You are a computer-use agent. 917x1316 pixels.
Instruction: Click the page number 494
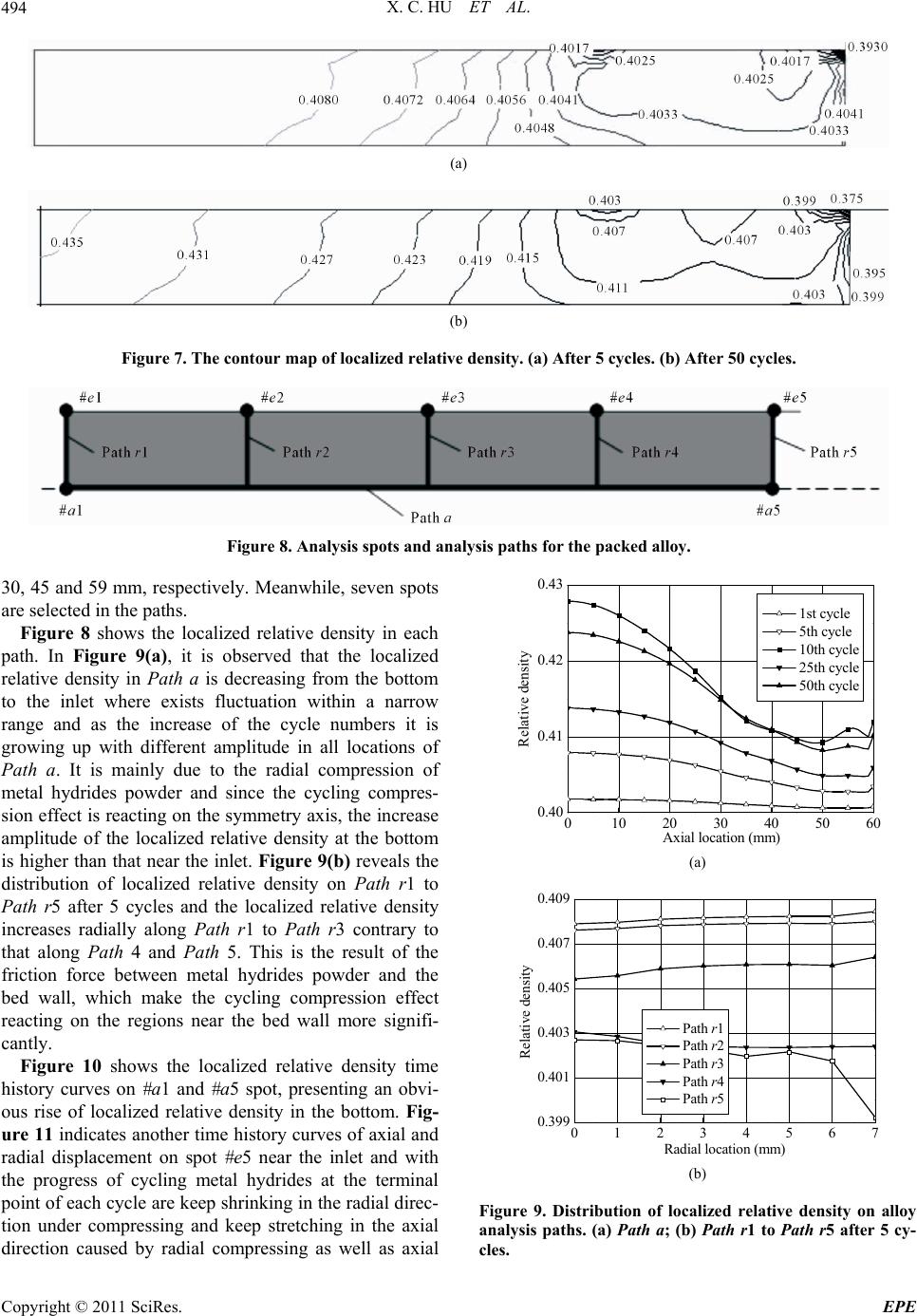(x=14, y=10)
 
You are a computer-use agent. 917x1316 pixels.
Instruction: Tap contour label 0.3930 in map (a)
(x=868, y=47)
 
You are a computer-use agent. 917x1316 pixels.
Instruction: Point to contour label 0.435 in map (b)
(x=66, y=243)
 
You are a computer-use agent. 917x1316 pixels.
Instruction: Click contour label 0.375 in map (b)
(x=847, y=198)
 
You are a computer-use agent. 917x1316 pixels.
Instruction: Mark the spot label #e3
(x=453, y=398)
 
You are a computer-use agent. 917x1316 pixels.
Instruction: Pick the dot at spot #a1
(x=65, y=488)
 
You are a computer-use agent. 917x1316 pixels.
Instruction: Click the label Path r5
(x=833, y=453)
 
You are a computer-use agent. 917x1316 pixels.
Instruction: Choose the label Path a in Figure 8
(x=430, y=517)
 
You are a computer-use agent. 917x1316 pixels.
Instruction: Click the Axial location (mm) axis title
(x=720, y=837)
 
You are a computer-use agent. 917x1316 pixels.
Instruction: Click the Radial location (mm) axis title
(x=724, y=1149)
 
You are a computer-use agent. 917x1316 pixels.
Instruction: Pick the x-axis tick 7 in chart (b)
(x=874, y=1133)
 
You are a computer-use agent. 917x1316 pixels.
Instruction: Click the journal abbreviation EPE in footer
(x=899, y=1307)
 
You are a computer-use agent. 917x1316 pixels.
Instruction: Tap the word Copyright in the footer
(x=30, y=1307)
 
